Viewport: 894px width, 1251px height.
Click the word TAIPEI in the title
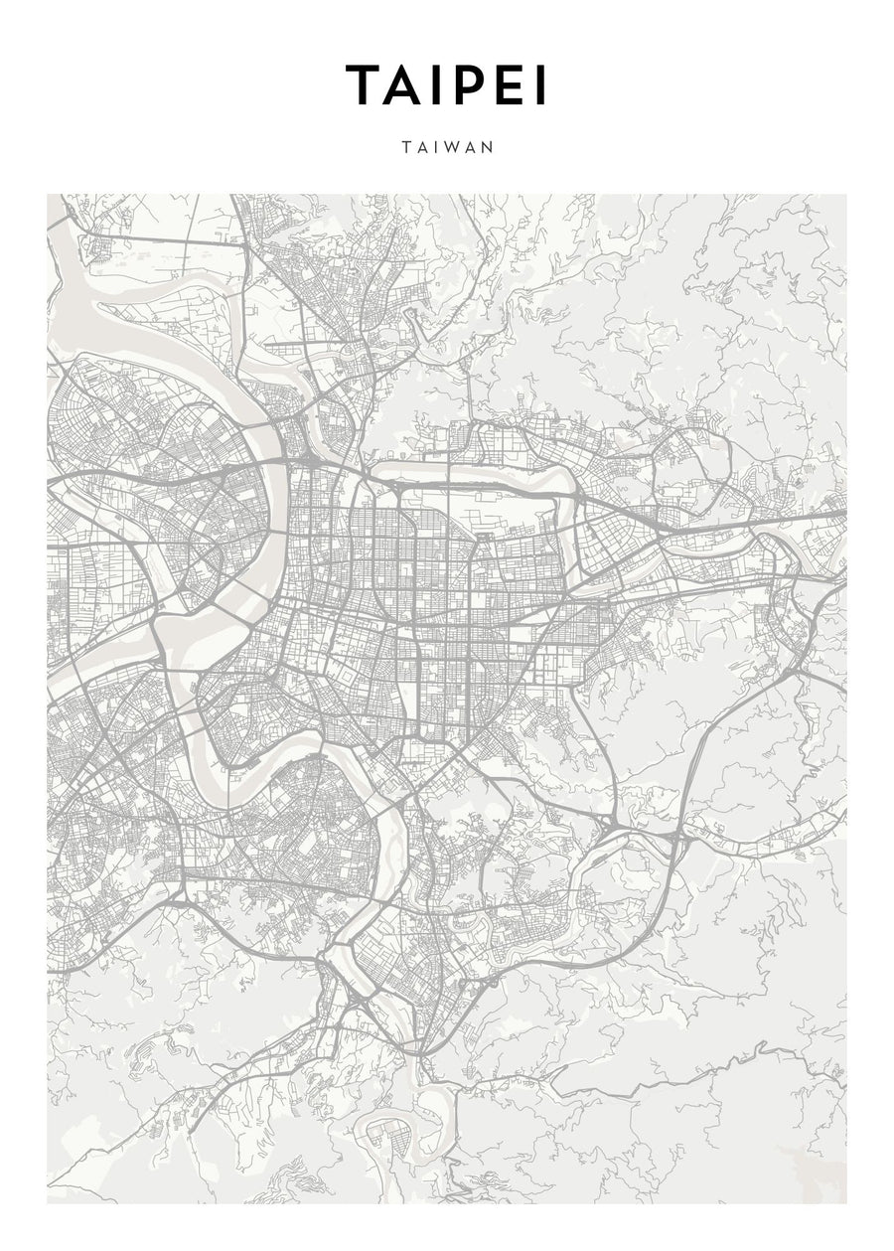click(446, 85)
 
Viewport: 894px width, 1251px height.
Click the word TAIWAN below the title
click(447, 147)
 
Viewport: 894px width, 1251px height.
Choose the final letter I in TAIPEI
click(539, 85)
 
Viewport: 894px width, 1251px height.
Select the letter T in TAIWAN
click(406, 147)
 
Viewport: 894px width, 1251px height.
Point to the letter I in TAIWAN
click(434, 147)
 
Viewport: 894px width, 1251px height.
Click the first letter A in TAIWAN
click(421, 147)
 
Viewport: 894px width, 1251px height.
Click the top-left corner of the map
click(48, 195)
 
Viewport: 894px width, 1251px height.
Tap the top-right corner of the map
click(846, 195)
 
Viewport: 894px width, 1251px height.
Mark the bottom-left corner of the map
click(48, 1203)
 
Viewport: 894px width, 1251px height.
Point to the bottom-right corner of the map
click(846, 1203)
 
